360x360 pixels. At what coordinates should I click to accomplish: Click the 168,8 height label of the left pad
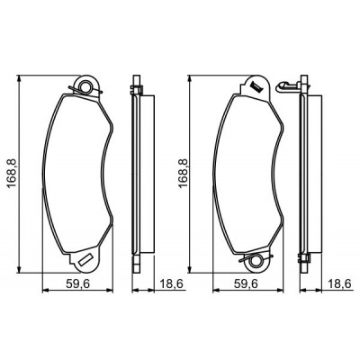click(x=13, y=174)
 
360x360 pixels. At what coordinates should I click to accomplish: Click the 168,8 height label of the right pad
click(x=183, y=174)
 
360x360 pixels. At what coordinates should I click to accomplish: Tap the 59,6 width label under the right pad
click(x=246, y=283)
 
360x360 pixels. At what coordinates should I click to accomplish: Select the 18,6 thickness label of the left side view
click(x=171, y=283)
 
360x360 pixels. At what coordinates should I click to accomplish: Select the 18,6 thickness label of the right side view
click(x=339, y=283)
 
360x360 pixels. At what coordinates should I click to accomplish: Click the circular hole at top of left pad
click(x=86, y=86)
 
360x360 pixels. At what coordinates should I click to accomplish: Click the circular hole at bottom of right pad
click(x=256, y=260)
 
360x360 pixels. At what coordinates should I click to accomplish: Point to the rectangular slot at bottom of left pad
click(x=85, y=259)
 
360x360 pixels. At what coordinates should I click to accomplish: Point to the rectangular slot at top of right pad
click(x=256, y=86)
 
